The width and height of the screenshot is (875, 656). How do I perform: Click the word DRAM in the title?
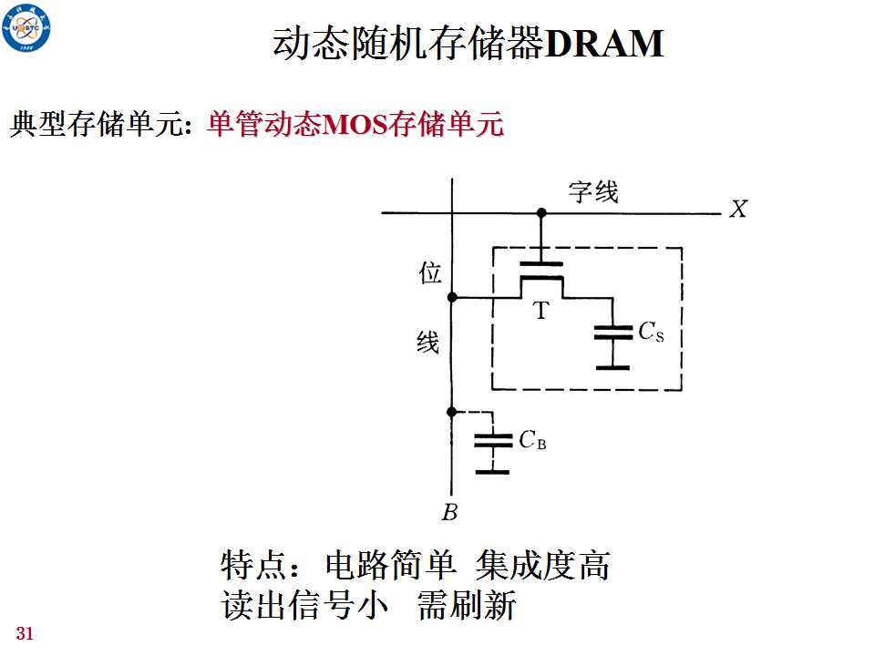click(603, 43)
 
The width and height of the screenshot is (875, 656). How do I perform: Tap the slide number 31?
click(25, 634)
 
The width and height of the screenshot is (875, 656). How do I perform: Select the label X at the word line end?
click(738, 210)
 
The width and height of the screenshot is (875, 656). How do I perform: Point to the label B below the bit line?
click(449, 512)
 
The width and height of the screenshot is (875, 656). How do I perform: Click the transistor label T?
click(540, 311)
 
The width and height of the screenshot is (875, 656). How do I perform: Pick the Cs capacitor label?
click(651, 332)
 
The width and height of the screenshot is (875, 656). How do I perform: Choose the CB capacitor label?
click(532, 440)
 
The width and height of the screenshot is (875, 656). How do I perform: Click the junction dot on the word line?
click(541, 212)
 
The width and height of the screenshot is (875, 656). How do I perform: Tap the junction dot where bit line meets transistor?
click(452, 298)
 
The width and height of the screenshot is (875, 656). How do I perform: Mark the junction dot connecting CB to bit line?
click(452, 412)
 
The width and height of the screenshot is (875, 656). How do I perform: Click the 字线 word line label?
click(593, 192)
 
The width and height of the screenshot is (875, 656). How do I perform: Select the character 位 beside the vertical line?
click(429, 273)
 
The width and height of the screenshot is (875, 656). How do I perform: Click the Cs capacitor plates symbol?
click(613, 333)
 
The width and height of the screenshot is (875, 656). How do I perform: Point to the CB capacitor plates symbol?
click(493, 441)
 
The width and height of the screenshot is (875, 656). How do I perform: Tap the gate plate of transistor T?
click(540, 264)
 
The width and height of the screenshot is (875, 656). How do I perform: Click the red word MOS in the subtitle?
click(355, 125)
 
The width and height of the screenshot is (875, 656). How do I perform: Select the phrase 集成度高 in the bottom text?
click(542, 566)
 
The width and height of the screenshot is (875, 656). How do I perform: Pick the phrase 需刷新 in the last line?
click(467, 605)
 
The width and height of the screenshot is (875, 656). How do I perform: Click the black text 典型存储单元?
click(98, 124)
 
